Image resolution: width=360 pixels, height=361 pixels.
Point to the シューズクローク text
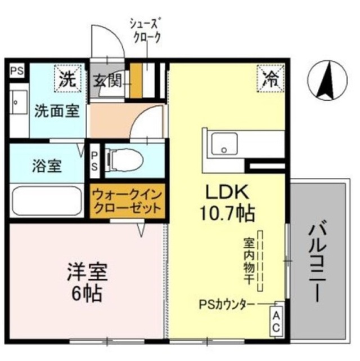147,30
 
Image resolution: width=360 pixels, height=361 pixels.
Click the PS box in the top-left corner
17,71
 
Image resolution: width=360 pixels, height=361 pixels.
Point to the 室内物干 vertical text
248,261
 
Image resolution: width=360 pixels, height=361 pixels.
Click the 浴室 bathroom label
43,167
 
